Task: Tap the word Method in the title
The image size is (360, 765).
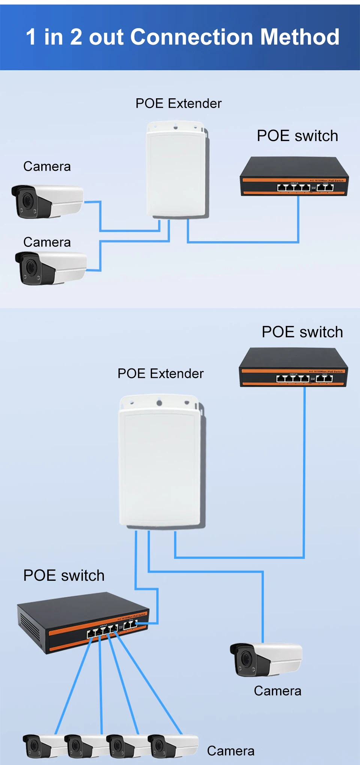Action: point(300,37)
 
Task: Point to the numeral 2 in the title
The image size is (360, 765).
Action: point(76,37)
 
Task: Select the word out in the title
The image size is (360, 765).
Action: point(106,37)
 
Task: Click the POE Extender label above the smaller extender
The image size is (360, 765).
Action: point(178,104)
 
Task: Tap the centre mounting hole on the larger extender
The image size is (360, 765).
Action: point(159,403)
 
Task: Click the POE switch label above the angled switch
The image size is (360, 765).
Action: point(64,576)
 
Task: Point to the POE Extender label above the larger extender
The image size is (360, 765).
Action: point(160,374)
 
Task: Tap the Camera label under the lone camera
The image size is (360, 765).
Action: point(277,691)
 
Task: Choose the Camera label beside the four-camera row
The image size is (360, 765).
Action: point(231,751)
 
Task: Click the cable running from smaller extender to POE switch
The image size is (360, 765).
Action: point(244,242)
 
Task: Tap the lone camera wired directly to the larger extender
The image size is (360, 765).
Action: point(265,660)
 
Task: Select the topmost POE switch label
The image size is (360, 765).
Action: point(297,136)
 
